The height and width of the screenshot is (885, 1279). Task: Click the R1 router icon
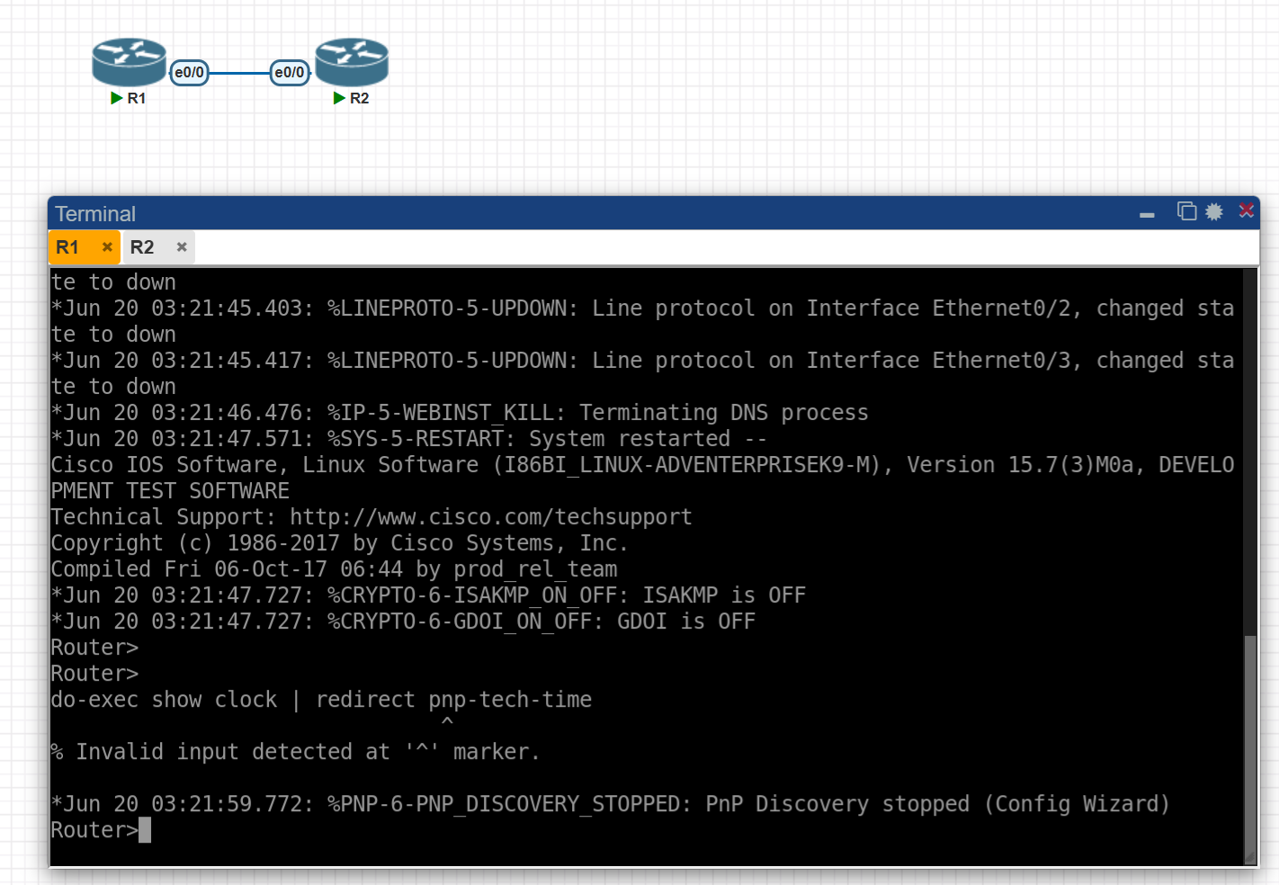click(129, 62)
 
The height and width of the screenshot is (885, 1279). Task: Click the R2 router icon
click(352, 62)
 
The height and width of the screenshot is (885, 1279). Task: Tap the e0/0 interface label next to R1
click(189, 73)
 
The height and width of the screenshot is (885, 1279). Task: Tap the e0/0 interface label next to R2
click(290, 73)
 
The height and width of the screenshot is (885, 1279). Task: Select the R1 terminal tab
click(68, 247)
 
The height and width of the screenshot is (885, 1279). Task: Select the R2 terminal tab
click(142, 247)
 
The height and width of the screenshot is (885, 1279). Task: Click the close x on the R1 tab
click(107, 247)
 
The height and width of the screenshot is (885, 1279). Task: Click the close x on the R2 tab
click(182, 247)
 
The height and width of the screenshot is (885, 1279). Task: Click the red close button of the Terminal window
click(1246, 210)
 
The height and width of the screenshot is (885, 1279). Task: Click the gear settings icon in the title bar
click(1214, 211)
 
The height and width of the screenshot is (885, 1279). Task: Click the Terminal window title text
click(95, 214)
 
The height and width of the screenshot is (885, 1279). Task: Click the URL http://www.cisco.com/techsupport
click(490, 517)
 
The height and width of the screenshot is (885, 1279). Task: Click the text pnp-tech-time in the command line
click(510, 700)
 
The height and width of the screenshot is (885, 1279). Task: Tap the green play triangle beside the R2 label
click(339, 98)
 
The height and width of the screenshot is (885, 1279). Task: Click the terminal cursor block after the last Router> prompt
click(145, 830)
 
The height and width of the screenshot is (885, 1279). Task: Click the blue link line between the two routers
click(239, 73)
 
